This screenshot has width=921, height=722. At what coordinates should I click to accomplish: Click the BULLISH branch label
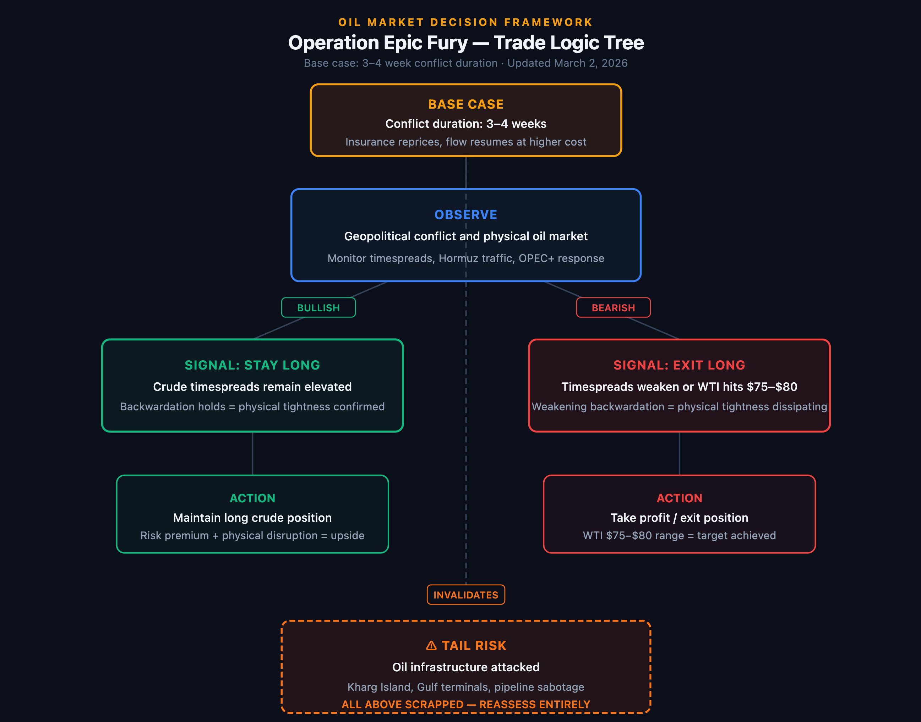click(x=318, y=308)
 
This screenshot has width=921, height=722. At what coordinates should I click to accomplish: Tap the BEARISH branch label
click(x=613, y=308)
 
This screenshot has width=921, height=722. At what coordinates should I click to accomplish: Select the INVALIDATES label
click(x=465, y=595)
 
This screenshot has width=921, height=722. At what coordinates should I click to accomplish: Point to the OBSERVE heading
click(x=465, y=215)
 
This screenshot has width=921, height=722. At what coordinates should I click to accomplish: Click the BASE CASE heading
click(x=465, y=104)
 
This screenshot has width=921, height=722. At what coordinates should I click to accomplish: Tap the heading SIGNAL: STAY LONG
click(x=252, y=365)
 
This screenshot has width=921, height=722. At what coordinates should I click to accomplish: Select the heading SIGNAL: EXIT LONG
click(x=679, y=365)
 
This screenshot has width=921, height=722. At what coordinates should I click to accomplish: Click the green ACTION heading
click(x=252, y=498)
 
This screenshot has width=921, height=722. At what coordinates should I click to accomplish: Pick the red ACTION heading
click(x=679, y=498)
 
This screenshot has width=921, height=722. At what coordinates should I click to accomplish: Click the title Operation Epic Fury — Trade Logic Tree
click(x=465, y=43)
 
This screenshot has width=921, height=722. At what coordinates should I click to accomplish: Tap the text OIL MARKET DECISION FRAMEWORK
click(x=465, y=22)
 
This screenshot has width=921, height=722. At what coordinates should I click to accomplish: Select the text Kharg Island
click(x=379, y=687)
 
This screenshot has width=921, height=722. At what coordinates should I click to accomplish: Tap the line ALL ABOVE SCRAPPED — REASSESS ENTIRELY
click(x=465, y=704)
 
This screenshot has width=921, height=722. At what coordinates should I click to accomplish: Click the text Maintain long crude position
click(x=252, y=518)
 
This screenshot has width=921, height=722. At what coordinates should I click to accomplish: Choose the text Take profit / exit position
click(x=679, y=518)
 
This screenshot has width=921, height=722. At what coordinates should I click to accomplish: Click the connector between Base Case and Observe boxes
click(x=465, y=173)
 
